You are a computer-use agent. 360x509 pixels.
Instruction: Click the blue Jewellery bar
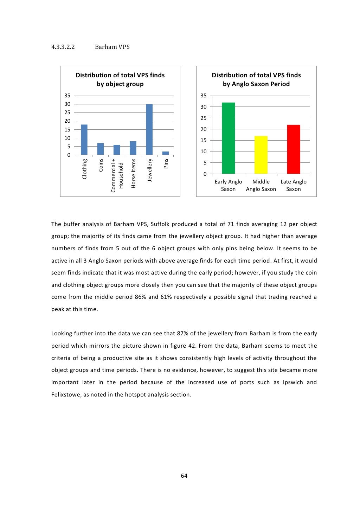point(149,129)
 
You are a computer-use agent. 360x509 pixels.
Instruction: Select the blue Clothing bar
point(84,140)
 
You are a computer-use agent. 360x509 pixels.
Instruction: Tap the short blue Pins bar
point(166,153)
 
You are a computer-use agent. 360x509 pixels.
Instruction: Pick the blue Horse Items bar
point(133,148)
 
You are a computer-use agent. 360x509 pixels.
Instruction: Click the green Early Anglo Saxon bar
point(228,138)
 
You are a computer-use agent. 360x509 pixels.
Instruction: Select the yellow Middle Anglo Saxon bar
point(261,155)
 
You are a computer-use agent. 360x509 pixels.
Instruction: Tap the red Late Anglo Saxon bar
point(294,149)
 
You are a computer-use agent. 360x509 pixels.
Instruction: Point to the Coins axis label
point(101,165)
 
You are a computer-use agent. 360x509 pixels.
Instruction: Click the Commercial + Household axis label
point(117,175)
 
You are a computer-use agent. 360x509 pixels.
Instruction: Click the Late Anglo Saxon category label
point(294,185)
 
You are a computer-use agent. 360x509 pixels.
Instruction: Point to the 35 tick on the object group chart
point(67,96)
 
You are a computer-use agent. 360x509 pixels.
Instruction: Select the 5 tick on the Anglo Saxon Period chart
point(205,163)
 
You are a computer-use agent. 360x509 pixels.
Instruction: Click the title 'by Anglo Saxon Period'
point(256,84)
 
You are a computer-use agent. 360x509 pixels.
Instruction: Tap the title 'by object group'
point(120,84)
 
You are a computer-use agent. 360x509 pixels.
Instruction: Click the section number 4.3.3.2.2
point(63,47)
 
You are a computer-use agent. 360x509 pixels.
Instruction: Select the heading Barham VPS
point(112,47)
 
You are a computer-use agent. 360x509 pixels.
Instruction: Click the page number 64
point(184,476)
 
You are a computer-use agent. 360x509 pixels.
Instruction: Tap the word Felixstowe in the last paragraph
point(66,394)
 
